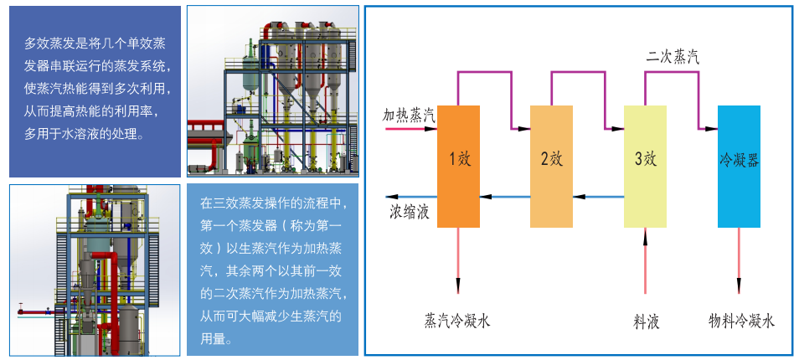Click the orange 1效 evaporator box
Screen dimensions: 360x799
point(458,166)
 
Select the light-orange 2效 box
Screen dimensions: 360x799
point(552,166)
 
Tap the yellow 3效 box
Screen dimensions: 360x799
point(646,166)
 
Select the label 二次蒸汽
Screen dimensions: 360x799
point(673,57)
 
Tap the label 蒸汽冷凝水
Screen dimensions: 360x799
point(457,321)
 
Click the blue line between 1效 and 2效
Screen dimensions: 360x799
point(505,198)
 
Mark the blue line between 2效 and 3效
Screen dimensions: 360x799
point(599,198)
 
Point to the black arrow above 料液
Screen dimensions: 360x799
point(646,260)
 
